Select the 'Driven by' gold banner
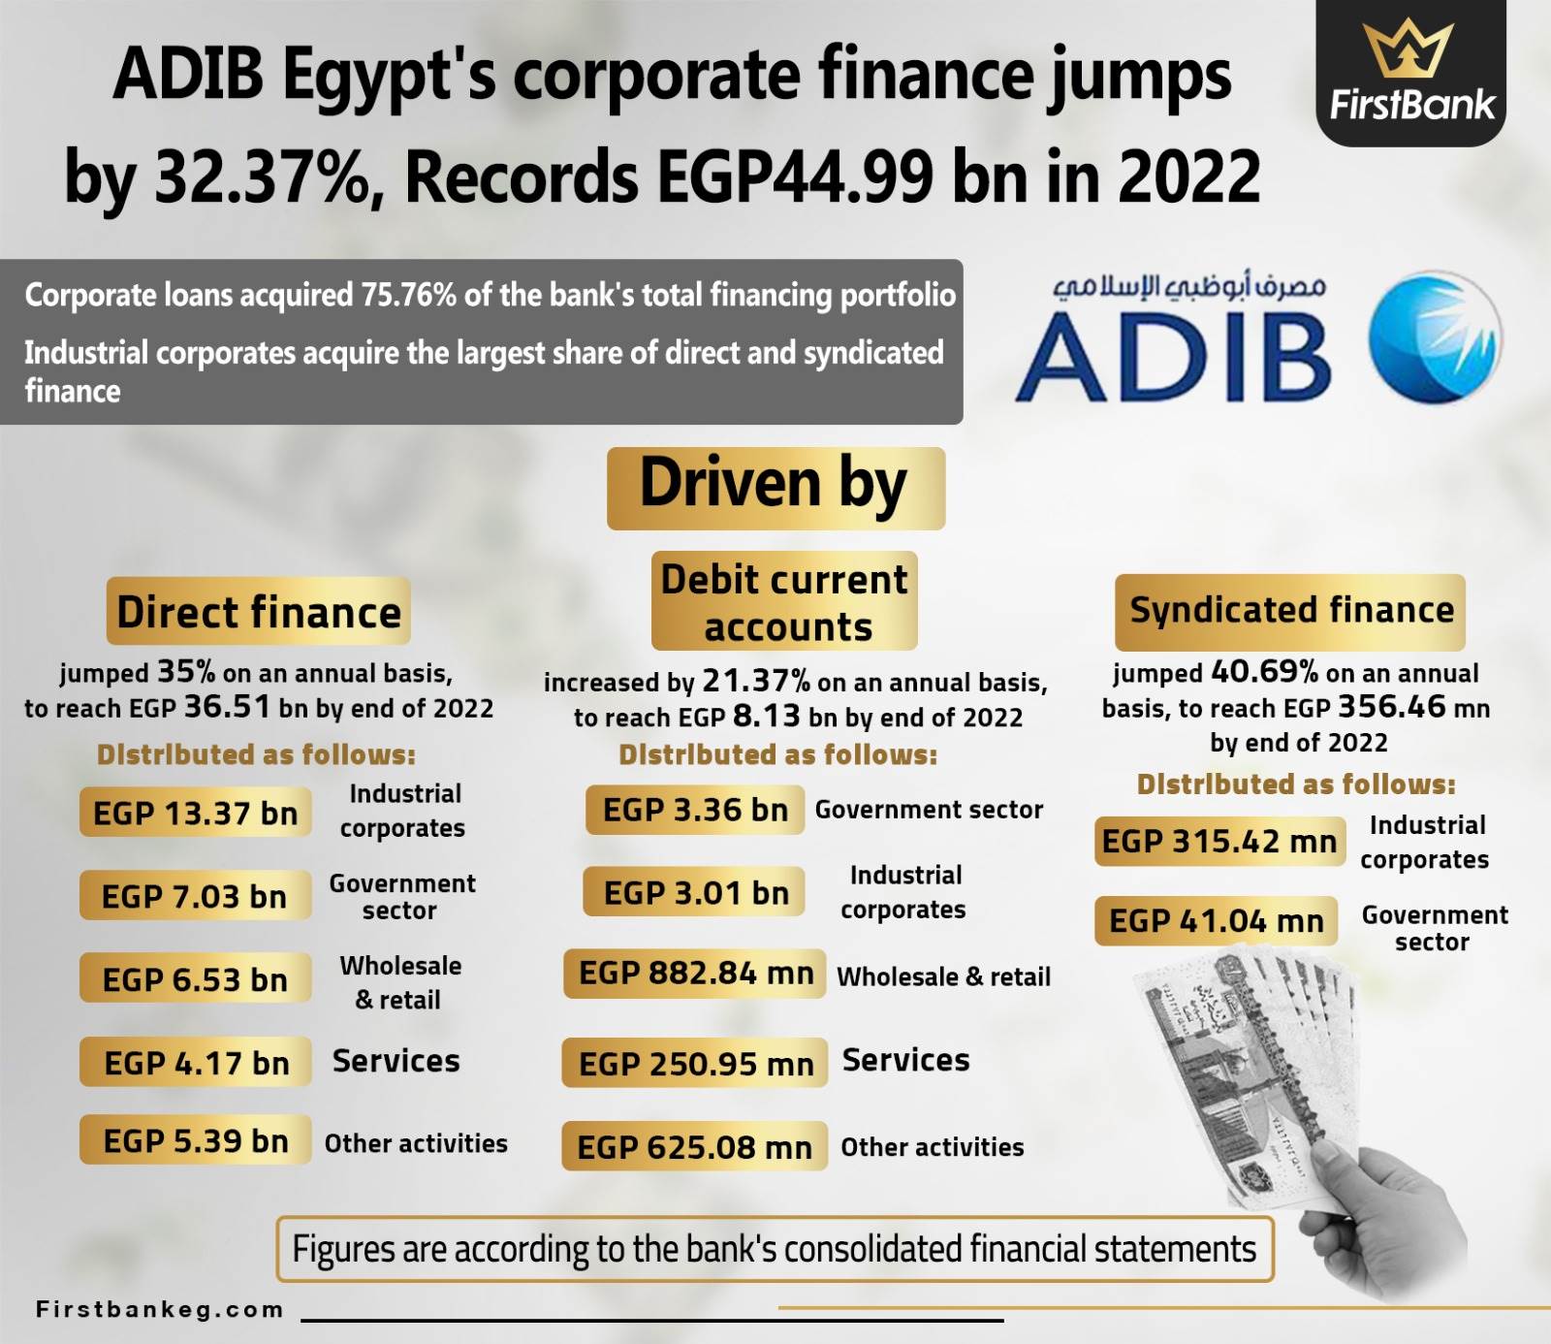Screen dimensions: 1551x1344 point(775,488)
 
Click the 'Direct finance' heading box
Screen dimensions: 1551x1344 point(259,612)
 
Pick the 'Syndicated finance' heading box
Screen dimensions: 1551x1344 point(1290,611)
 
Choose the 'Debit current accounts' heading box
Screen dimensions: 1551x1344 point(784,601)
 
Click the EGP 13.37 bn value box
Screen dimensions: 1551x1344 point(196,813)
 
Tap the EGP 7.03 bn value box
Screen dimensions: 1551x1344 point(196,895)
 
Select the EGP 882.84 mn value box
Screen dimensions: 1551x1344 point(695,973)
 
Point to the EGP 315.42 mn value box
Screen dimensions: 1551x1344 point(1219,841)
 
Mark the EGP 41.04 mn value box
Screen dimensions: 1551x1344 point(1217,920)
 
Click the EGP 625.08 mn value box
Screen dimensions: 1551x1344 point(695,1146)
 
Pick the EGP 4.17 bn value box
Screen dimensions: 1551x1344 point(196,1062)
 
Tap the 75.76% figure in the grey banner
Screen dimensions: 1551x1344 point(408,295)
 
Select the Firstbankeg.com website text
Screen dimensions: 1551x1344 point(160,1310)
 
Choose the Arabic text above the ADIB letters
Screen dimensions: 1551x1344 point(1190,287)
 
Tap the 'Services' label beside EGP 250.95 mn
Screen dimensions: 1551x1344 point(906,1060)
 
